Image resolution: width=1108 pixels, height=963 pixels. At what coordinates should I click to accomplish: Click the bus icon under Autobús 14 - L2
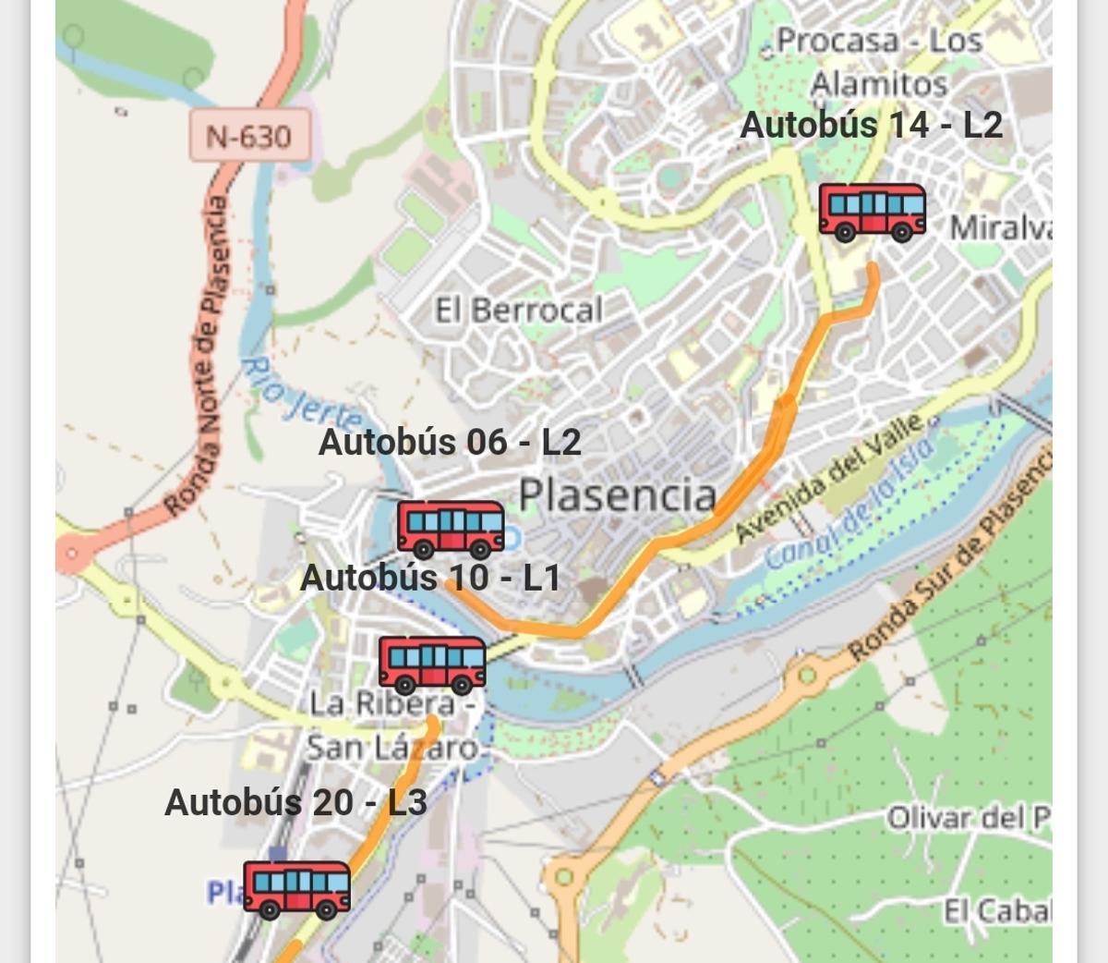click(x=873, y=212)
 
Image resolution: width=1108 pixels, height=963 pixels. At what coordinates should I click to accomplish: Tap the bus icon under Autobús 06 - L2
click(x=451, y=530)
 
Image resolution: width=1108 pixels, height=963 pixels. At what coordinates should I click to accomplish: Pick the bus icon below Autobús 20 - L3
click(x=296, y=889)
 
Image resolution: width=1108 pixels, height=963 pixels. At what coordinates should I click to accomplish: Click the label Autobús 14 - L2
click(x=871, y=125)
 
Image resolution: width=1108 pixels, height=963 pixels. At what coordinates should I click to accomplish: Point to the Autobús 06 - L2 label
click(x=450, y=442)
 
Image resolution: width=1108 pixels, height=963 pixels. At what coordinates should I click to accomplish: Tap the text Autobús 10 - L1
click(x=430, y=578)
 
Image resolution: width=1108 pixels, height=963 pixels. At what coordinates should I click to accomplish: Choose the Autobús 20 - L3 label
click(x=295, y=802)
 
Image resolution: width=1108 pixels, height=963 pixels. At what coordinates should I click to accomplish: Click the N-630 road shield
click(x=248, y=137)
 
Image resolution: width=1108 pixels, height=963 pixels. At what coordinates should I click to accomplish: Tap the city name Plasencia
click(x=618, y=495)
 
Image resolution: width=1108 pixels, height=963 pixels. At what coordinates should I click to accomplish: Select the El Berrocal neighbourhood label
click(x=519, y=311)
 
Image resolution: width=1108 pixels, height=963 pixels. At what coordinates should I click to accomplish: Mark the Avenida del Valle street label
click(x=829, y=478)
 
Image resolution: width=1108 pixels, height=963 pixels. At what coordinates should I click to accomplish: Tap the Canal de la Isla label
click(x=849, y=504)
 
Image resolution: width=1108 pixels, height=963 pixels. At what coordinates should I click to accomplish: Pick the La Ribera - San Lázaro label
click(x=392, y=725)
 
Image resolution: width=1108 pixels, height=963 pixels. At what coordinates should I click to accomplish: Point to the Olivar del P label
click(x=968, y=818)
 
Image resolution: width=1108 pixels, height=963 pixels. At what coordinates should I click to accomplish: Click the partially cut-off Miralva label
click(x=1000, y=227)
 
